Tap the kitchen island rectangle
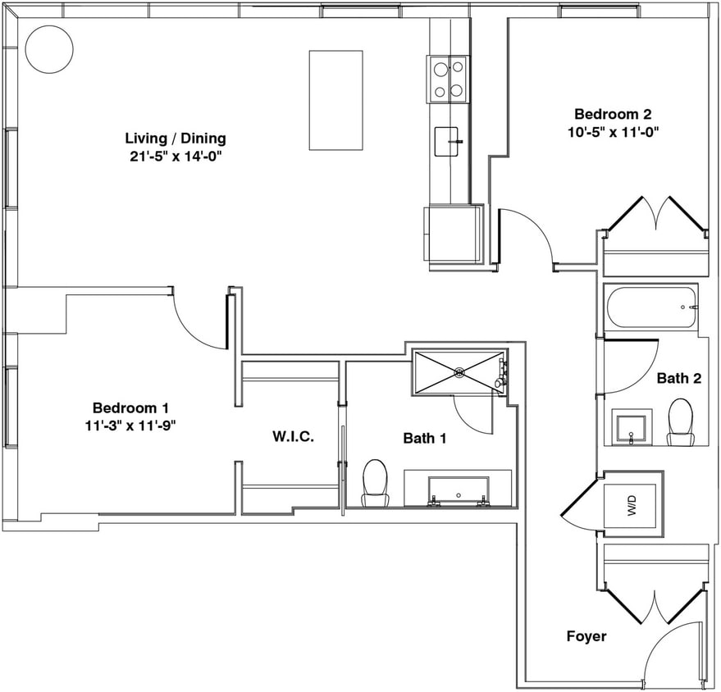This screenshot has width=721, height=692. coord(335,100)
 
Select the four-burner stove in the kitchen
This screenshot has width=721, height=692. coord(448,80)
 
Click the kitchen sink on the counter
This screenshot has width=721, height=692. coord(448,141)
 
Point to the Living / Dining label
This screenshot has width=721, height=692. coord(175,138)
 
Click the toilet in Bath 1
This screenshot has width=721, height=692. coord(375,482)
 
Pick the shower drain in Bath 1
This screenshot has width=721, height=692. coord(459,373)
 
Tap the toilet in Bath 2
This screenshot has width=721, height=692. coord(680,421)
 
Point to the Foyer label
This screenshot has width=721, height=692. coord(586,636)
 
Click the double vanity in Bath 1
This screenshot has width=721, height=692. coord(458,489)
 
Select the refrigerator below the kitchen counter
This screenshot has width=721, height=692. coord(453,234)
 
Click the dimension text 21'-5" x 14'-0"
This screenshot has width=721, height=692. coord(175,154)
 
